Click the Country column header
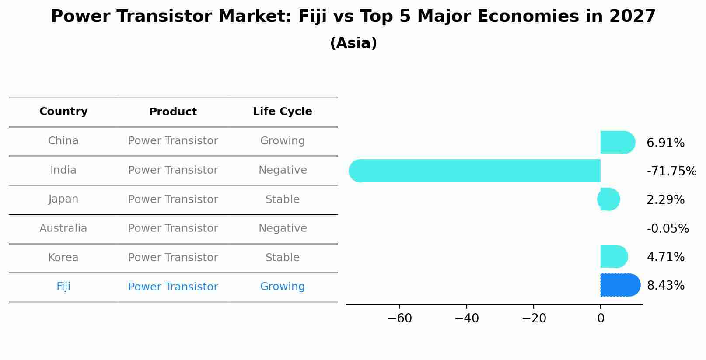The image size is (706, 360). [x=63, y=112]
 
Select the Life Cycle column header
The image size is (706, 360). [x=282, y=112]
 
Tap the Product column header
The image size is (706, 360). [x=173, y=112]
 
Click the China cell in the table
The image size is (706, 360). [x=63, y=141]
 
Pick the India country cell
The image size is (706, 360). [x=63, y=170]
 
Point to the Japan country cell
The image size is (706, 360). [x=63, y=199]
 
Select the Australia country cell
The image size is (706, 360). [x=63, y=228]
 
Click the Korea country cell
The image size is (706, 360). [x=63, y=258]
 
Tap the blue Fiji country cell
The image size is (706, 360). [x=63, y=287]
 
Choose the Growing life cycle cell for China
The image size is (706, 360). [x=282, y=141]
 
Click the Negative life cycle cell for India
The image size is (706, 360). [x=282, y=170]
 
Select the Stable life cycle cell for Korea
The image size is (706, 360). [x=282, y=258]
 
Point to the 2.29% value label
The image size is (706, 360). [x=665, y=200]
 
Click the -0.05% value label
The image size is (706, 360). [x=668, y=229]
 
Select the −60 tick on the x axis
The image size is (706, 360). [x=400, y=318]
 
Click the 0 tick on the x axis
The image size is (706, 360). [x=601, y=318]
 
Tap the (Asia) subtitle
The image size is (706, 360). [x=353, y=43]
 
